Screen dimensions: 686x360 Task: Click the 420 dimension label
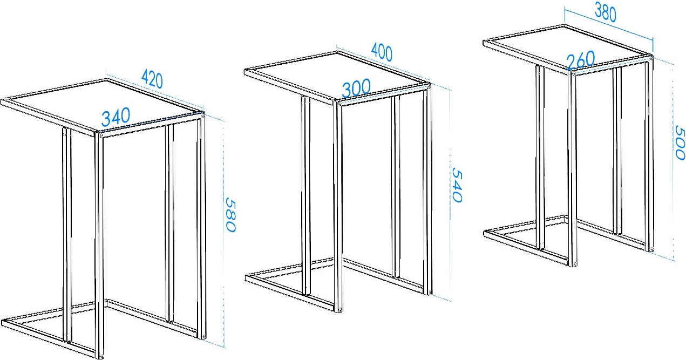(152, 79)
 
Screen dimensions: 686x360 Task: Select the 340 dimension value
(116, 117)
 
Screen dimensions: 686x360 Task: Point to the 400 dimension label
(382, 52)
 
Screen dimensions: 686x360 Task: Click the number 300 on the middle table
(356, 88)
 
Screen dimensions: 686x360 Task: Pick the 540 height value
(457, 185)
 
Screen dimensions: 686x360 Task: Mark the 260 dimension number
(581, 60)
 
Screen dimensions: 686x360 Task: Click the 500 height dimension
(680, 142)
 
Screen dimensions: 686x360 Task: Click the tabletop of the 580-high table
(103, 107)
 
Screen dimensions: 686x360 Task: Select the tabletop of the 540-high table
(337, 77)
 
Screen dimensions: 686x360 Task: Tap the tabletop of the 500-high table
(567, 49)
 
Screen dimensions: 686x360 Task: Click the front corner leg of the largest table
(99, 245)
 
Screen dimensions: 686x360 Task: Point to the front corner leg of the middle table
(338, 207)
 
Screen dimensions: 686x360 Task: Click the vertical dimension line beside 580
(224, 234)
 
